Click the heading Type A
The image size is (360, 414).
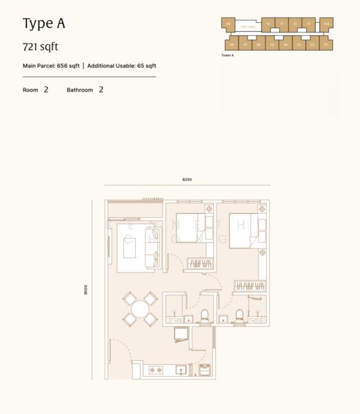tap(43, 24)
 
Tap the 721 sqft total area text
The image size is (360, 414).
tap(41, 48)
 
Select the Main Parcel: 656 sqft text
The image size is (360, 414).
tap(51, 66)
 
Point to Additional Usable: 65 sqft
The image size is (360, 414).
tap(122, 66)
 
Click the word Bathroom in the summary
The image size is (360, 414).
tap(80, 90)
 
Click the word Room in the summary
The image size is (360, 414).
tap(30, 90)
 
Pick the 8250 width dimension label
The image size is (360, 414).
tap(187, 179)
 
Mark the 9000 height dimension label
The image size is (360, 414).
tap(86, 290)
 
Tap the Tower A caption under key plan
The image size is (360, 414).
tap(228, 55)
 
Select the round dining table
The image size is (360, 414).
tap(141, 308)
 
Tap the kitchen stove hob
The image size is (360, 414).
tap(156, 371)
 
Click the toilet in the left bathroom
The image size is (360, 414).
tap(203, 317)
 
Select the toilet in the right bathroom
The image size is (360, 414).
tap(239, 317)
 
